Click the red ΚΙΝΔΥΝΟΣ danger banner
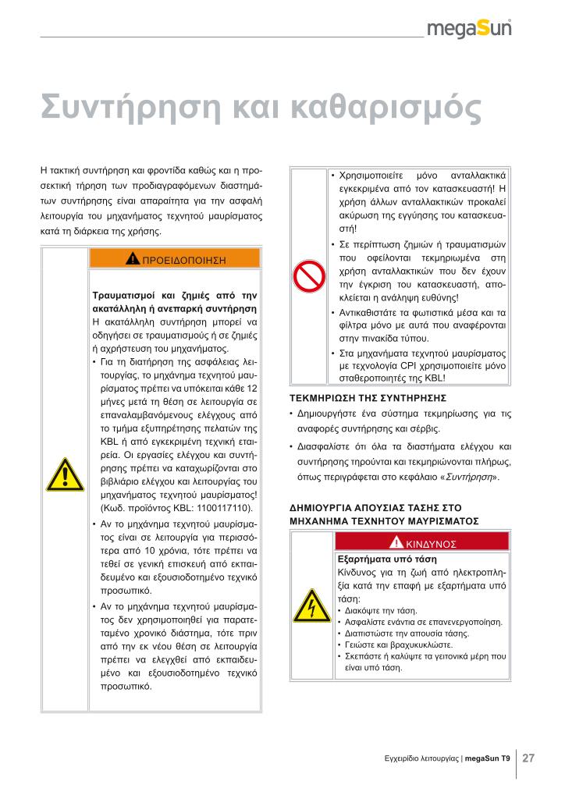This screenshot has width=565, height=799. [x=422, y=542]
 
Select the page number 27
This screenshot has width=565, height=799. [x=528, y=758]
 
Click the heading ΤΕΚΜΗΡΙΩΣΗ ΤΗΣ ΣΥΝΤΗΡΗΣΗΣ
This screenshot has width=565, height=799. [x=362, y=398]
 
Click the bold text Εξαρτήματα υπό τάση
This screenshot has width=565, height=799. [x=386, y=559]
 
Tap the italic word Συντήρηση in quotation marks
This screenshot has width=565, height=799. [x=471, y=476]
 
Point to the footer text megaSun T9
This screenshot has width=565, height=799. [x=488, y=758]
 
